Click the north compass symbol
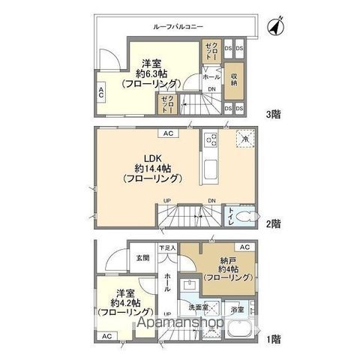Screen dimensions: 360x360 point(274,27)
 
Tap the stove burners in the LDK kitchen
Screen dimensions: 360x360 point(211,140)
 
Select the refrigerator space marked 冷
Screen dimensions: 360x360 point(244,139)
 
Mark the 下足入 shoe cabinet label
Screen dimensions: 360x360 point(166,247)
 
